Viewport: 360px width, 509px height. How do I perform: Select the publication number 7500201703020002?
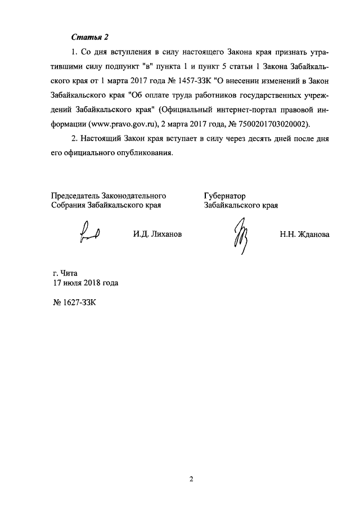click(x=267, y=124)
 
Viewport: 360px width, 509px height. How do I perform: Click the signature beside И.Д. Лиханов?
click(x=89, y=232)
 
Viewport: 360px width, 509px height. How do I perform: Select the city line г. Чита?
click(x=63, y=274)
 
